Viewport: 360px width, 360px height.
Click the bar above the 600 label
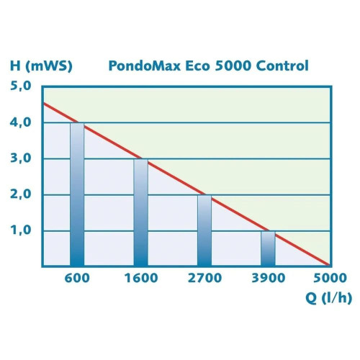pyautogui.click(x=77, y=194)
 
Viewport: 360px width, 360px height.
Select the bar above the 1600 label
pyautogui.click(x=141, y=212)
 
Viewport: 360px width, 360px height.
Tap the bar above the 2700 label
pyautogui.click(x=204, y=230)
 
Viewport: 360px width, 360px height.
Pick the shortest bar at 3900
pyautogui.click(x=268, y=248)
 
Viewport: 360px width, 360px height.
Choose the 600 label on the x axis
pyautogui.click(x=77, y=278)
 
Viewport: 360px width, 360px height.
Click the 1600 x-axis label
pyautogui.click(x=141, y=278)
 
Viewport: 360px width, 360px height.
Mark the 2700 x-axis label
pyautogui.click(x=204, y=278)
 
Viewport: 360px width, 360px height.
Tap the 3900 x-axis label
pyautogui.click(x=268, y=278)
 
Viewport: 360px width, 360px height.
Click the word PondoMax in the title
pyautogui.click(x=141, y=66)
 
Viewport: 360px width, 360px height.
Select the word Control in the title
pyautogui.click(x=283, y=66)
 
